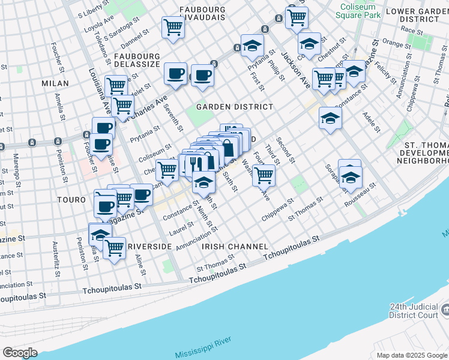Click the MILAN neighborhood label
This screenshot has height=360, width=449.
(x=55, y=83)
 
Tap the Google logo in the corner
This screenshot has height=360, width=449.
(x=20, y=352)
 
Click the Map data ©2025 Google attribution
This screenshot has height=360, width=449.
(x=412, y=355)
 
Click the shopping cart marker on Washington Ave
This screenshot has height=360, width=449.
(x=264, y=175)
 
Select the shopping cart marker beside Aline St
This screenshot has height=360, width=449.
(x=114, y=247)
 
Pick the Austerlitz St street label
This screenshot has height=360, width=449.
(x=56, y=260)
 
